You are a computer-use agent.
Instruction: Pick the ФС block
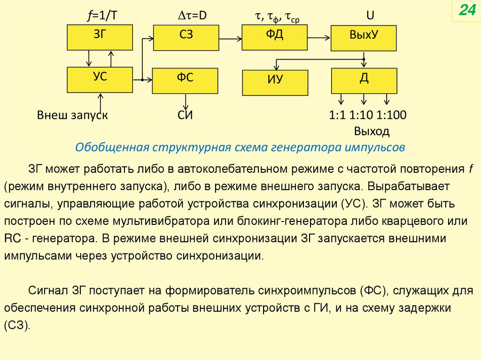[x=185, y=80]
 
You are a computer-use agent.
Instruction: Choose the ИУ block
[x=275, y=83]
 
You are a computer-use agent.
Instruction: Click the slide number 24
[x=467, y=11]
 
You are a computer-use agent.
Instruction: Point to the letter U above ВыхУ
[x=370, y=16]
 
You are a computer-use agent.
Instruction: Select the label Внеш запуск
[x=72, y=115]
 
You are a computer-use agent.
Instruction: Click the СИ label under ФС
[x=186, y=115]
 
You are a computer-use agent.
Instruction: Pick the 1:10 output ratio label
[x=362, y=115]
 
